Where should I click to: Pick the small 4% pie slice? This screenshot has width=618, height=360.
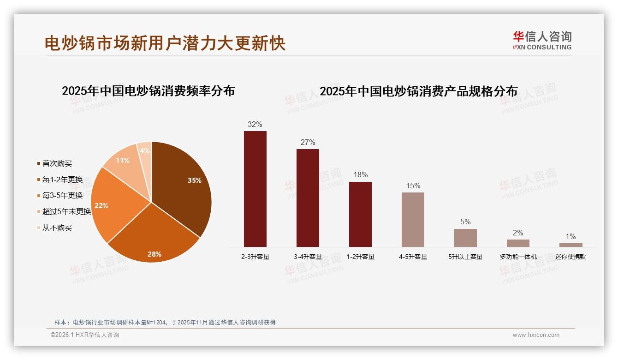coord(145,151)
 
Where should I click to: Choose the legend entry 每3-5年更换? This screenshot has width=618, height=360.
coord(62,196)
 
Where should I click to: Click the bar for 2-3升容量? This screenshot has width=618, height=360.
coord(255,189)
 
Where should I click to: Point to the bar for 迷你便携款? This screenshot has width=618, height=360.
coord(570,245)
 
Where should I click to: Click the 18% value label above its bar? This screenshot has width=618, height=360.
coord(360,175)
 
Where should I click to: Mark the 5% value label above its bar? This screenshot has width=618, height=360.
coord(465,222)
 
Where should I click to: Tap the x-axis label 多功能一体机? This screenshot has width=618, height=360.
coord(518,257)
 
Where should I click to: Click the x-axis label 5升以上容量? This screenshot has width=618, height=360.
coord(465,257)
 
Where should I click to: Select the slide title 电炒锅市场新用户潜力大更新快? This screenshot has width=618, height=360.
coord(165,43)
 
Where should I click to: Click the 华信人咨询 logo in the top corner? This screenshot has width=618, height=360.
coord(542,40)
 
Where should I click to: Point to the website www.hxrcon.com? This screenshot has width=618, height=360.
coord(536,335)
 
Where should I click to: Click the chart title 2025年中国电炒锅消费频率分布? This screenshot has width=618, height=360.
coord(148,91)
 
